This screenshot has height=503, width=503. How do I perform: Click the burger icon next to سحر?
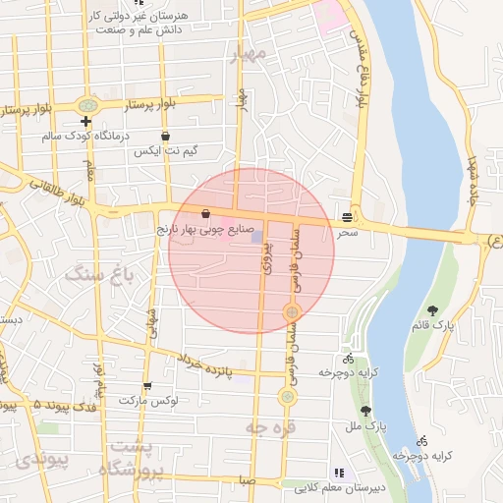348,216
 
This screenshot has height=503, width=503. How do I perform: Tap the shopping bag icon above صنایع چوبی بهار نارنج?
205,212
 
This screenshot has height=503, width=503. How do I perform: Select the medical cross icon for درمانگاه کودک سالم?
86,121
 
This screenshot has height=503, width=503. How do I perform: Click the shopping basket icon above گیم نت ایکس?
164,136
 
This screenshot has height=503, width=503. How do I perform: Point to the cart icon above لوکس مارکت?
147,386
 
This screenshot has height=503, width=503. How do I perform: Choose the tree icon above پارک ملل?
365,411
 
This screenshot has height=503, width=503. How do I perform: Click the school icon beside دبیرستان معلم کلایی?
339,472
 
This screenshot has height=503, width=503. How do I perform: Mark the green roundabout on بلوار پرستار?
89,104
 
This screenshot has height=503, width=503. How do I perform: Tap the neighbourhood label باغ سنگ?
98,274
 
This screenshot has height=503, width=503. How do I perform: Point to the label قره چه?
270,428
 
